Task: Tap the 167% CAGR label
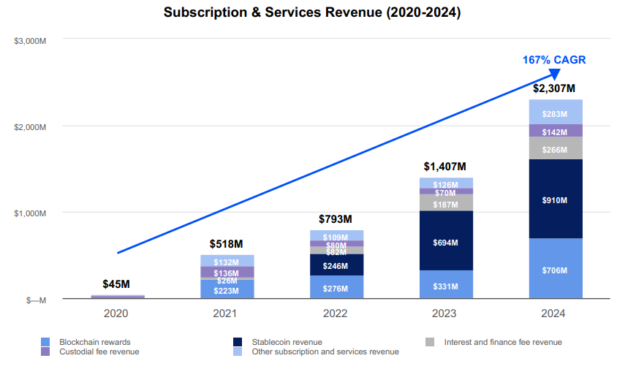point(553,59)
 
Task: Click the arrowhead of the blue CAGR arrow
point(555,73)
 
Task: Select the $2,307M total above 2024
point(556,88)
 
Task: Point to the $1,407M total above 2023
point(446,167)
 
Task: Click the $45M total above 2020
point(117,284)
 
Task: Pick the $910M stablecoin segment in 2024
point(556,199)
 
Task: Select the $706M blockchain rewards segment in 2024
point(556,270)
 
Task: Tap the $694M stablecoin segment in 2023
point(446,242)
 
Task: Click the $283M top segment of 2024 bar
point(556,113)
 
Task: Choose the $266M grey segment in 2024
point(556,148)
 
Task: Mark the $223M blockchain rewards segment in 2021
point(227,290)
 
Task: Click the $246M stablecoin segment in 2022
point(336,266)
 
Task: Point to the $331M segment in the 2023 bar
point(446,286)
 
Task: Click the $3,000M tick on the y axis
point(31,40)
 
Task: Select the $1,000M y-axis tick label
point(31,213)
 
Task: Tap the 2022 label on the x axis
point(336,313)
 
